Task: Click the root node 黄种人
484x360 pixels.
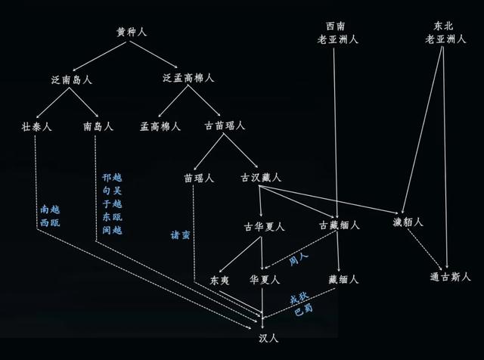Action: [x=132, y=32]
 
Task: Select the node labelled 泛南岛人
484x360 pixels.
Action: [x=72, y=80]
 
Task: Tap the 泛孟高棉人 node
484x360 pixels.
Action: [x=188, y=78]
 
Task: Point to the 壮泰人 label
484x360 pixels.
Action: [x=36, y=126]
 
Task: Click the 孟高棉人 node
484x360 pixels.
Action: [x=160, y=126]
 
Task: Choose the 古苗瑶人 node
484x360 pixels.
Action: [x=225, y=126]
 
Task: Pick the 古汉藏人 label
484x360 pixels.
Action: [x=261, y=178]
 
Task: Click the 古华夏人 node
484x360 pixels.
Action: [x=264, y=227]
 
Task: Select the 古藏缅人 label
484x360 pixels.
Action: [x=340, y=225]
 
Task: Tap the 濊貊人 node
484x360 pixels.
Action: [x=408, y=222]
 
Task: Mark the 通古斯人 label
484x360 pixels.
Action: [x=451, y=277]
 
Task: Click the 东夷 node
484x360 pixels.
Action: [x=219, y=281]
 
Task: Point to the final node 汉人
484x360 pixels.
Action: [x=268, y=338]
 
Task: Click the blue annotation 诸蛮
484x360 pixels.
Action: [x=180, y=235]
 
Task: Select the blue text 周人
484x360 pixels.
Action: [x=299, y=259]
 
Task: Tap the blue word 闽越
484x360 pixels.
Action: [x=113, y=230]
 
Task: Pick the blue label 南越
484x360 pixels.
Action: [x=50, y=209]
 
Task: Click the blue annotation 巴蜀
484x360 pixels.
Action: [x=303, y=310]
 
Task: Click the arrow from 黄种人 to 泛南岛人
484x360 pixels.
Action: [x=99, y=56]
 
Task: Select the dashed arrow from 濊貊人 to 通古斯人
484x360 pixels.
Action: [x=425, y=249]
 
